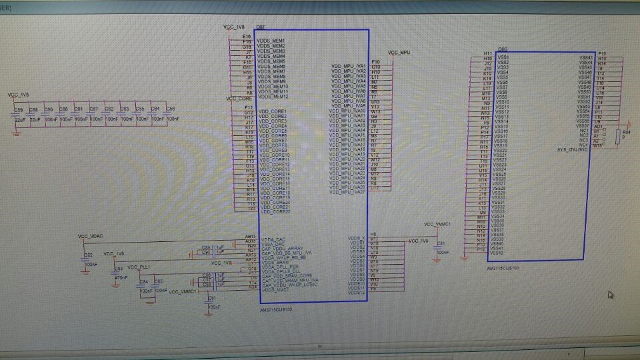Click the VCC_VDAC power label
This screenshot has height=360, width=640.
[90, 237]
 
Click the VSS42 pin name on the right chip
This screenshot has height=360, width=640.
[497, 253]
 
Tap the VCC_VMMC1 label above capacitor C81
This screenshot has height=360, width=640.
[439, 225]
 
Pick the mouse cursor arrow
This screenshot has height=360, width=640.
[610, 295]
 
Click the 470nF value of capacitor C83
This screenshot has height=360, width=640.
[121, 277]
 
